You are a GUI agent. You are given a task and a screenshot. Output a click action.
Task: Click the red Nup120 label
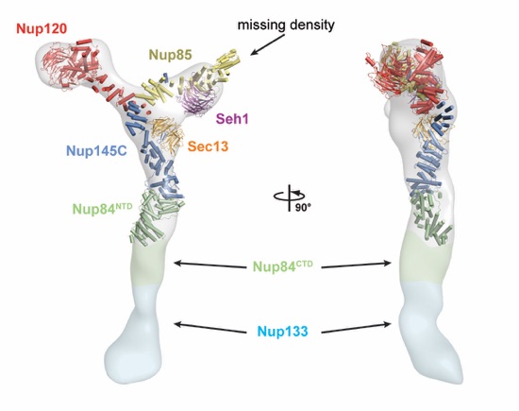[42, 29]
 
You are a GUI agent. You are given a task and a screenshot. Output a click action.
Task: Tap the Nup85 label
[171, 55]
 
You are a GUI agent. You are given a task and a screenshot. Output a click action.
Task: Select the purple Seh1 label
[232, 119]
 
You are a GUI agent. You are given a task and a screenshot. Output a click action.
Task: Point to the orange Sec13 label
[209, 146]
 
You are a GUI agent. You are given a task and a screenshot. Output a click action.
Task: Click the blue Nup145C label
[96, 151]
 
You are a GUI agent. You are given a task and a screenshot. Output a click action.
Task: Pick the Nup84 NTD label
[102, 209]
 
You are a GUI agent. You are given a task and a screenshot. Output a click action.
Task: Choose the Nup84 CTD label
[283, 265]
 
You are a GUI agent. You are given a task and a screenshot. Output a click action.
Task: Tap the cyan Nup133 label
[283, 331]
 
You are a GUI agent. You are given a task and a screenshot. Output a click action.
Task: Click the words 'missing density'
[286, 25]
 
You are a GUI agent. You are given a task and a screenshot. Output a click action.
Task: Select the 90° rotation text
[303, 208]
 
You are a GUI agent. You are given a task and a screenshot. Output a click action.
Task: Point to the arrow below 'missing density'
[268, 44]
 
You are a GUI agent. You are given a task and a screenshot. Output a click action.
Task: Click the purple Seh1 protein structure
[195, 97]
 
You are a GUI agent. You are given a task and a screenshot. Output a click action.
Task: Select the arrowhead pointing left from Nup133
[178, 323]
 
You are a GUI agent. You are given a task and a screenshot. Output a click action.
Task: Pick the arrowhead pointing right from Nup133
[387, 324]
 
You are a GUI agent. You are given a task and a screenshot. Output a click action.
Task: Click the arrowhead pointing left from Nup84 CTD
[178, 264]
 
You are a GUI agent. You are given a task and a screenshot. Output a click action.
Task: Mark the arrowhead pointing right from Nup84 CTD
[387, 264]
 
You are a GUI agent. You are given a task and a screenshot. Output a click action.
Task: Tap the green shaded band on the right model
[426, 259]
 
